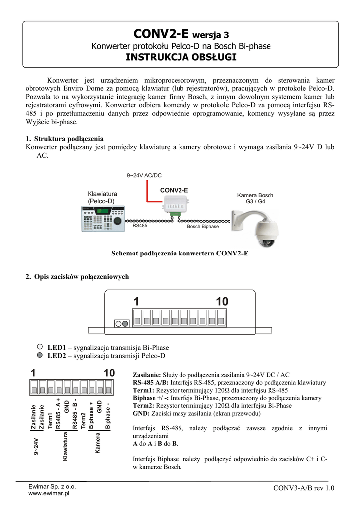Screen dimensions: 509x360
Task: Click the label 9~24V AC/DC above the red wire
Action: [144, 175]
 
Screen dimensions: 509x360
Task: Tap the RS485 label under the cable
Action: [140, 225]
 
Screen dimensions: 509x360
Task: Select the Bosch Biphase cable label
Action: [203, 226]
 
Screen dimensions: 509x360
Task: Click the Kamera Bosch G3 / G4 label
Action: [255, 198]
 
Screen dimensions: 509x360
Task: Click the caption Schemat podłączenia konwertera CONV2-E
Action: [180, 253]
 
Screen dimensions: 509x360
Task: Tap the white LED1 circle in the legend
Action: [40, 348]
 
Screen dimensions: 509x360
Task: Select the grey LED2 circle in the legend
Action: [40, 356]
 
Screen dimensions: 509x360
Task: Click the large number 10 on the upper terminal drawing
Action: [222, 301]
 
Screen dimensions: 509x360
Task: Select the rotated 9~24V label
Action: [36, 449]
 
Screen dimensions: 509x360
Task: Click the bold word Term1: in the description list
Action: [145, 390]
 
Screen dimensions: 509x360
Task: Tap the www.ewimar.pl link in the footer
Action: [48, 494]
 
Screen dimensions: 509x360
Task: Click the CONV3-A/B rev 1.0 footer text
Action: [304, 488]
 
